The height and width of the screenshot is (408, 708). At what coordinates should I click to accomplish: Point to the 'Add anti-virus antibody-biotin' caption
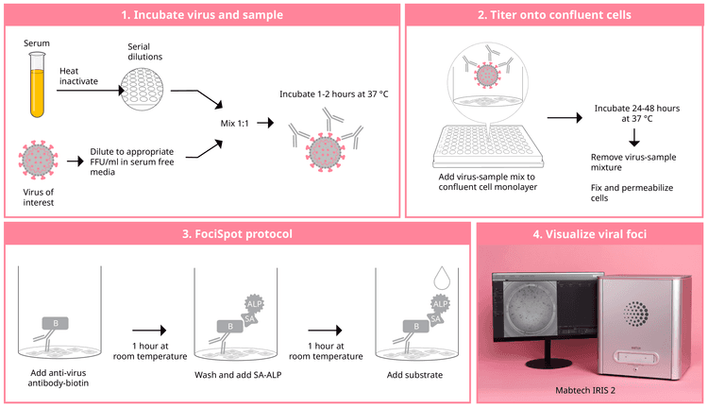pos(64,379)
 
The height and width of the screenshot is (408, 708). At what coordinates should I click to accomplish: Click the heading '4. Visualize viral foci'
pos(591,234)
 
